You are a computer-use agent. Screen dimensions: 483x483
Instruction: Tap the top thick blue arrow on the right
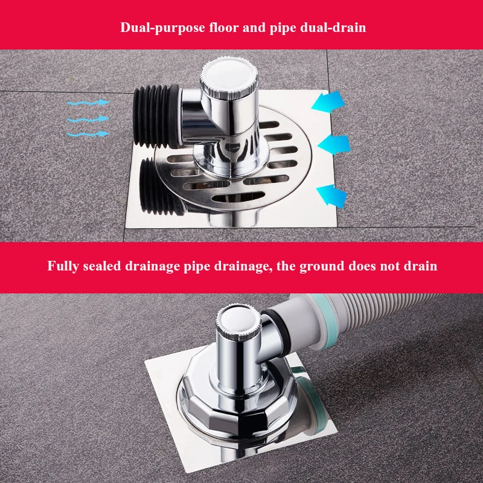[330, 101]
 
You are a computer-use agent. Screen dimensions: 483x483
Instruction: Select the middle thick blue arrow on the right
[334, 144]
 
